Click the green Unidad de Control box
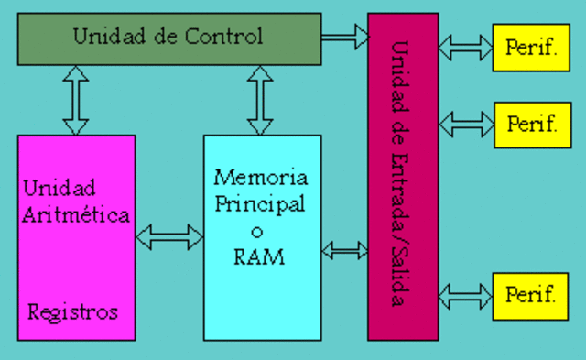(x=169, y=38)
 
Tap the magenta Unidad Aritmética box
(x=76, y=238)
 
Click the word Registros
(x=73, y=312)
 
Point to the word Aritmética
(x=76, y=214)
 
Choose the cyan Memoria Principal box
(x=262, y=238)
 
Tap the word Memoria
(x=261, y=176)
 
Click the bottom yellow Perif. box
(x=531, y=295)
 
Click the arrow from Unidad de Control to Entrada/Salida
(x=344, y=38)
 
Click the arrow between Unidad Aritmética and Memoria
(x=169, y=238)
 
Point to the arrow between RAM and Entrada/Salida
(x=344, y=249)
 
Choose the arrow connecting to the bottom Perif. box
(x=466, y=295)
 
